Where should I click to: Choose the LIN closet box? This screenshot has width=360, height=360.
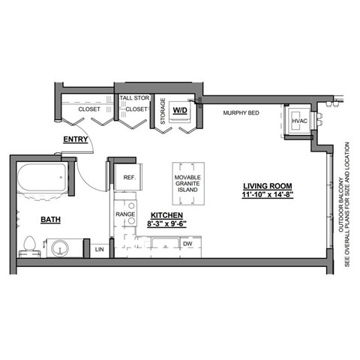[x=99, y=249]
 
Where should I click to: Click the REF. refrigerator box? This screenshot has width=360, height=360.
[x=128, y=178]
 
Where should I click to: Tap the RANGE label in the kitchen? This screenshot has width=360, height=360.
[x=125, y=214]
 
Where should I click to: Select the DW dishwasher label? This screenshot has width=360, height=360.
[x=188, y=244]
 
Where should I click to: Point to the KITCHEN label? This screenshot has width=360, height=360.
[x=163, y=214]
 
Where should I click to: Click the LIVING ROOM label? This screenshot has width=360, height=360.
[x=267, y=185]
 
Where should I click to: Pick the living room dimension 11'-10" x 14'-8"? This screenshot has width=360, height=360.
[x=268, y=195]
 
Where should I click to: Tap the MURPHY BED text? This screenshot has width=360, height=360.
[x=241, y=113]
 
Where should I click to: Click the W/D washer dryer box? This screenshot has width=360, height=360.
[x=180, y=111]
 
